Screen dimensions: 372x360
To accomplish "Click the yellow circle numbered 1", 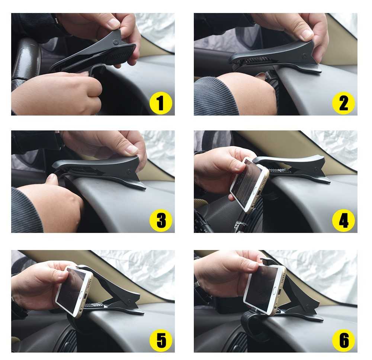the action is (x=161, y=103).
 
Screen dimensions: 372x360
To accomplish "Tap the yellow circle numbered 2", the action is (x=343, y=103).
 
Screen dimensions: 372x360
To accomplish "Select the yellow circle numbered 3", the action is (x=161, y=220).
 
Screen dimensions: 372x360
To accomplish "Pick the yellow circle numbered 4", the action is (x=343, y=220).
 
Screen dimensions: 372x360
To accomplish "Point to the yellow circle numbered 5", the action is (x=161, y=340).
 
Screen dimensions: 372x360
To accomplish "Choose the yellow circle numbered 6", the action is (x=343, y=340).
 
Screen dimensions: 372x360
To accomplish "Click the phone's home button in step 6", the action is (x=275, y=291).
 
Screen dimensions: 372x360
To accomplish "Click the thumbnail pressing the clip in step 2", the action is (x=307, y=35).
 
